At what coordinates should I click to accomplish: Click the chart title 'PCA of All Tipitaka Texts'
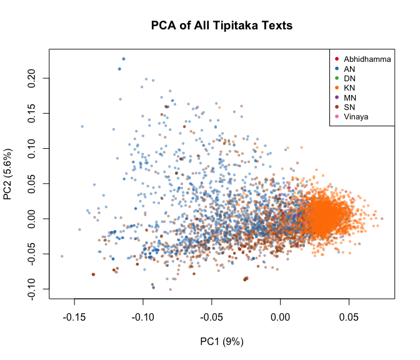click(x=222, y=26)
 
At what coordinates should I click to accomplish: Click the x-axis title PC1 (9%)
click(x=222, y=341)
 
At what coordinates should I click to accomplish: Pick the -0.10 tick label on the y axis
click(x=33, y=289)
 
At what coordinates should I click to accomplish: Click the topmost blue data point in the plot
click(x=123, y=59)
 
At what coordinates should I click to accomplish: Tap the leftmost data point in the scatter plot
click(x=61, y=256)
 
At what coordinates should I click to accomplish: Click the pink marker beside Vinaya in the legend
click(x=337, y=117)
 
